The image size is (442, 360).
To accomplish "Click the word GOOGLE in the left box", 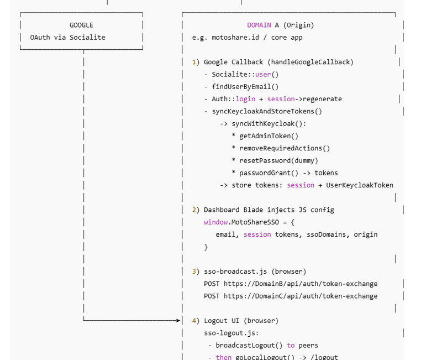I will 81,25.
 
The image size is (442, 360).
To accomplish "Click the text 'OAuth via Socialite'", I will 67,37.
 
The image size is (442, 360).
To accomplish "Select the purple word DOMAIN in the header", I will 259,25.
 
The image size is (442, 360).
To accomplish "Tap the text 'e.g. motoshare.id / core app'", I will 247,38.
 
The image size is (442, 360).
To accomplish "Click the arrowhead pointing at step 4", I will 178,320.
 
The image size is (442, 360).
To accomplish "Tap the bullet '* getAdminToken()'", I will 265,136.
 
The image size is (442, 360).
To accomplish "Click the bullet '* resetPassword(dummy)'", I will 275,160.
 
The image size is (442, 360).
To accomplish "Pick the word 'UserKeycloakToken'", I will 360,185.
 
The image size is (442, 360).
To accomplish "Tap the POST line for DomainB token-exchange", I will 291,284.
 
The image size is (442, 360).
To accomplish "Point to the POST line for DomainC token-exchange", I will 291,296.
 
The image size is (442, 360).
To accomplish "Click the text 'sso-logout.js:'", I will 231,333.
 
